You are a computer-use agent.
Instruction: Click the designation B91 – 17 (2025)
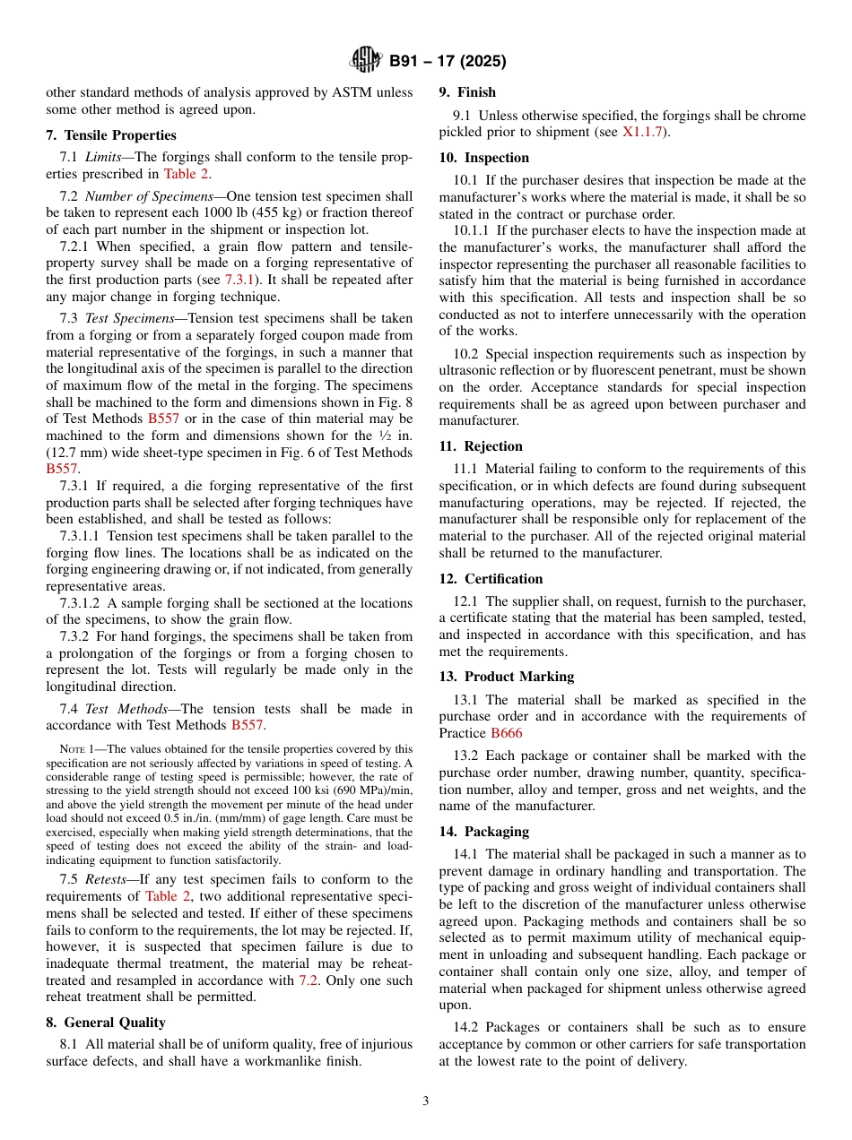point(447,62)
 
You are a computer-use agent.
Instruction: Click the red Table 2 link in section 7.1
point(187,174)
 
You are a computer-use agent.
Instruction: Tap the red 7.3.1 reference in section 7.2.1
point(240,280)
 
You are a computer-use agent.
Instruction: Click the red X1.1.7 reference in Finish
point(645,132)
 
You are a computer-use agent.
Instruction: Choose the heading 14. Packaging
point(483,832)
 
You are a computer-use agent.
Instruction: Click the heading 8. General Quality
point(106,1022)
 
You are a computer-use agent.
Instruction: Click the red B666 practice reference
point(506,732)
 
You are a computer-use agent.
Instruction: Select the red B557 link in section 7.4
point(248,725)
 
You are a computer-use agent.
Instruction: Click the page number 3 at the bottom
point(426,1101)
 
